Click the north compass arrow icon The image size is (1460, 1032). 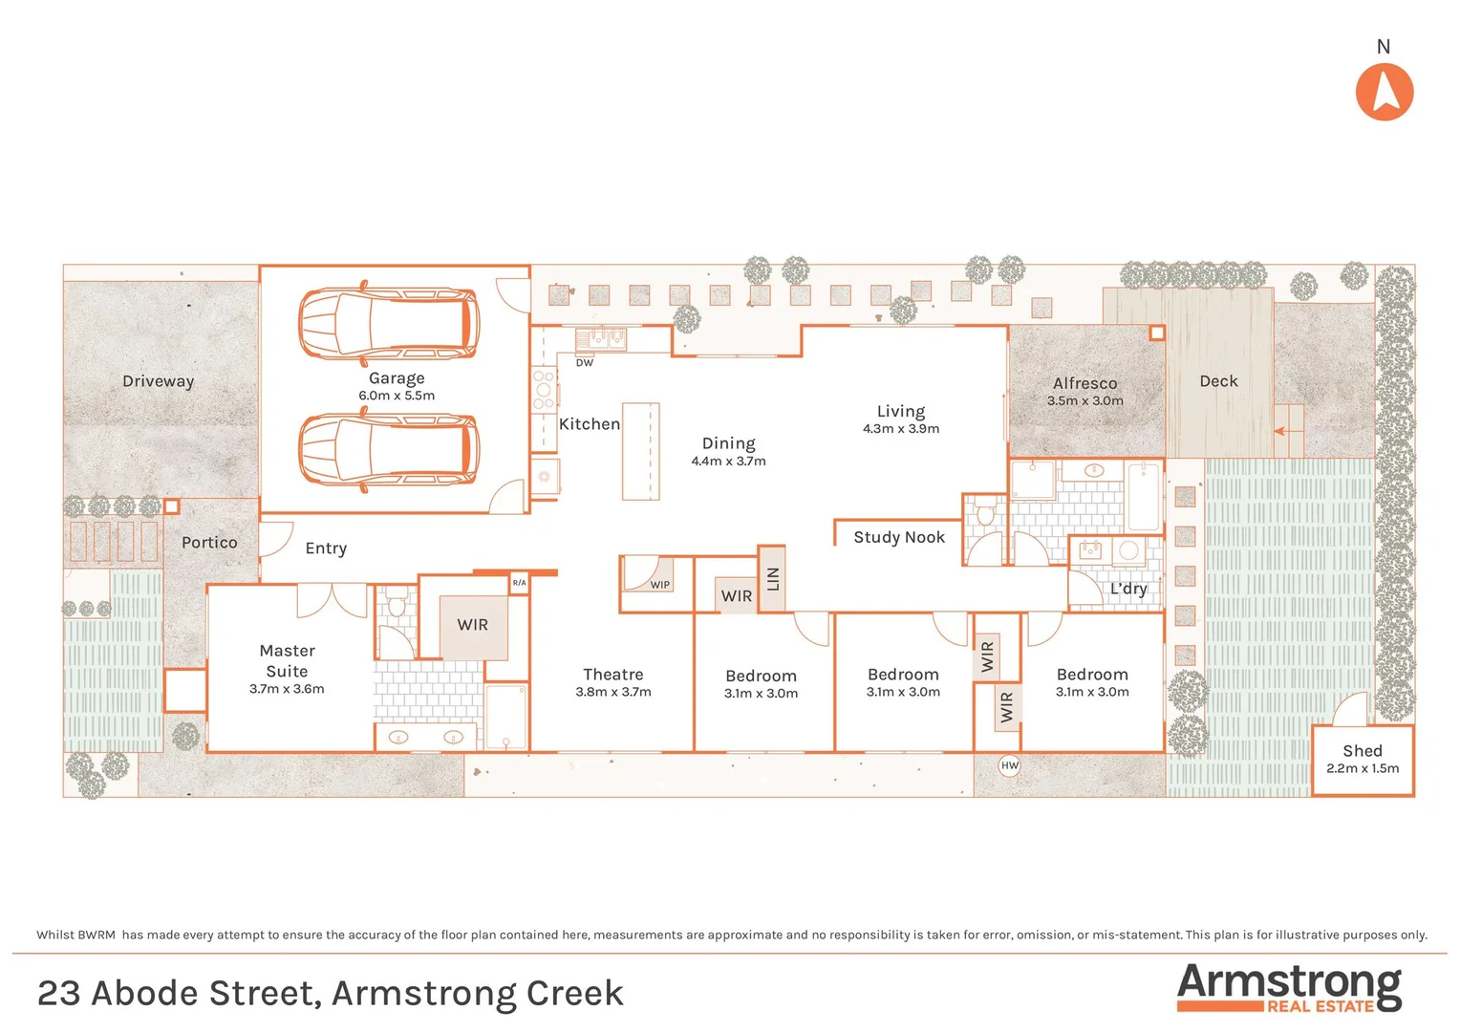pyautogui.click(x=1384, y=92)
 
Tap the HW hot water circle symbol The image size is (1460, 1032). pyautogui.click(x=1010, y=765)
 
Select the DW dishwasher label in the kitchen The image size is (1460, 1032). pyautogui.click(x=584, y=363)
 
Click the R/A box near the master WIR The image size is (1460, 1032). pyautogui.click(x=519, y=583)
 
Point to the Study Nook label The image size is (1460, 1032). pyautogui.click(x=899, y=537)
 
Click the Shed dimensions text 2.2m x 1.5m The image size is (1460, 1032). pyautogui.click(x=1362, y=768)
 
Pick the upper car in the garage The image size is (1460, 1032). pyautogui.click(x=389, y=321)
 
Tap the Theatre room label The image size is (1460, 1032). pyautogui.click(x=613, y=675)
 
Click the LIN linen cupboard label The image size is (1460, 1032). pyautogui.click(x=773, y=578)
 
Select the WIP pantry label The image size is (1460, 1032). pyautogui.click(x=659, y=585)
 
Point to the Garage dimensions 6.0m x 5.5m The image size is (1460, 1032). pyautogui.click(x=397, y=396)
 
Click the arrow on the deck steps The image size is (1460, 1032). pyautogui.click(x=1287, y=431)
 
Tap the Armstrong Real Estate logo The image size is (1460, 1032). pyautogui.click(x=1289, y=987)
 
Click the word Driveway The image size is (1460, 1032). pyautogui.click(x=159, y=381)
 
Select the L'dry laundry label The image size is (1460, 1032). pyautogui.click(x=1128, y=589)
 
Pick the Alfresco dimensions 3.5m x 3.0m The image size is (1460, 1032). pyautogui.click(x=1084, y=401)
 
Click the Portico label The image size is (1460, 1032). pyautogui.click(x=209, y=543)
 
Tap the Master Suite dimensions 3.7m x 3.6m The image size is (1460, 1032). pyautogui.click(x=287, y=689)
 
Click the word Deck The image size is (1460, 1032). pyautogui.click(x=1218, y=381)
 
